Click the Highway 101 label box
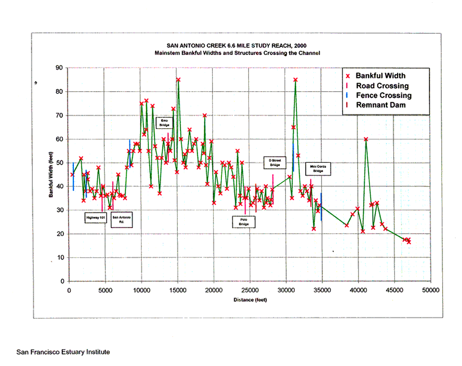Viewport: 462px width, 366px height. pyautogui.click(x=96, y=218)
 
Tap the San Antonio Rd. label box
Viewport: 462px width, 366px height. pyautogui.click(x=122, y=220)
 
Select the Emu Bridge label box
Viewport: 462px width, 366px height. pyautogui.click(x=164, y=123)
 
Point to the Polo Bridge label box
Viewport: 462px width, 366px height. pyautogui.click(x=243, y=222)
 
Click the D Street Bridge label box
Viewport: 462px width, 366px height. pyautogui.click(x=275, y=162)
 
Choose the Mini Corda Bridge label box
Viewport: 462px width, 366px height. pyautogui.click(x=318, y=169)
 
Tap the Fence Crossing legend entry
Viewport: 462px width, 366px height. pyautogui.click(x=379, y=95)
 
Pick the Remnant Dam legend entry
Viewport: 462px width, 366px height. pyautogui.click(x=376, y=105)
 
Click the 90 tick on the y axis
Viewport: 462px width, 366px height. pyautogui.click(x=59, y=68)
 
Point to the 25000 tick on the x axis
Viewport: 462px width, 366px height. pyautogui.click(x=250, y=290)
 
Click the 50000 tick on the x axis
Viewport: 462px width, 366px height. pyautogui.click(x=431, y=290)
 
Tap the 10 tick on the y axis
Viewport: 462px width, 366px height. pyautogui.click(x=61, y=257)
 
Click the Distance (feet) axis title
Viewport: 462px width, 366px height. pyautogui.click(x=250, y=300)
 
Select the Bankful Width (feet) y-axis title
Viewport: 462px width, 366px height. pyautogui.click(x=51, y=174)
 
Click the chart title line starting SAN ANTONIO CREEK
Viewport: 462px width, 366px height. pyautogui.click(x=237, y=46)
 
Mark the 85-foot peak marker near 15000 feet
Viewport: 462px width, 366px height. pyautogui.click(x=178, y=80)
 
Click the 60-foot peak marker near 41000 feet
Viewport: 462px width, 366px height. pyautogui.click(x=365, y=139)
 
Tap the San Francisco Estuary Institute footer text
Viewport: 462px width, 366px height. pyautogui.click(x=63, y=352)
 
